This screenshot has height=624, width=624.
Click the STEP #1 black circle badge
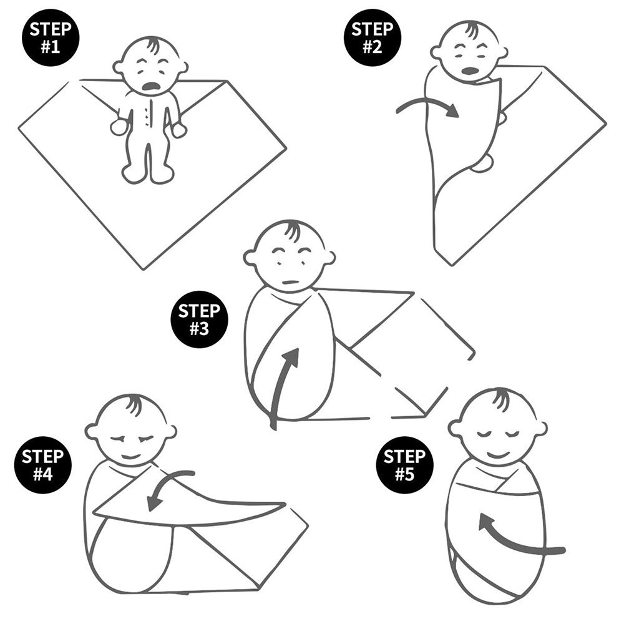click(51, 38)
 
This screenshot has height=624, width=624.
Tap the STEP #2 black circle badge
click(373, 38)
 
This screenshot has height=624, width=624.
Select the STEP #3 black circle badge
click(200, 319)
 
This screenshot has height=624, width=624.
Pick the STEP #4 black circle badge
click(42, 465)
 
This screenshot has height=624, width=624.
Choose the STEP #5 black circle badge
click(405, 465)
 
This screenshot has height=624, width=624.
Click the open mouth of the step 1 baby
click(151, 86)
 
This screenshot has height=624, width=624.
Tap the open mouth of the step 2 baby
click(470, 71)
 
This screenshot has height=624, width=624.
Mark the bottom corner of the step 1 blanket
click(144, 270)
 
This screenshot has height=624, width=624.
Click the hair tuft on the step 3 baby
click(293, 231)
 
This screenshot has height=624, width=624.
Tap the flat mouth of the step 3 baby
click(291, 282)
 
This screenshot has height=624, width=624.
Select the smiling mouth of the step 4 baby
click(131, 456)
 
